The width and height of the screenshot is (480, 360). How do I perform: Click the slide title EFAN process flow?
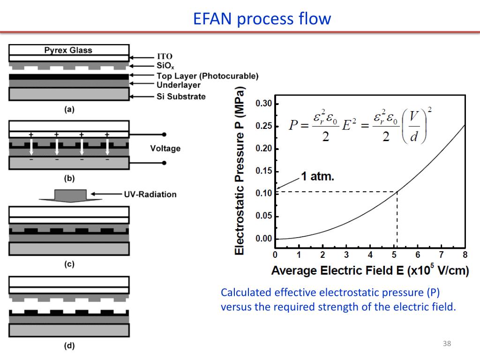point(262,19)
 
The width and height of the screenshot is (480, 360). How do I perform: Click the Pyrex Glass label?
point(68,50)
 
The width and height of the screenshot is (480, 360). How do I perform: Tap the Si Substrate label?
point(181,97)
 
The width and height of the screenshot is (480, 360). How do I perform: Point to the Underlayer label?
point(178,85)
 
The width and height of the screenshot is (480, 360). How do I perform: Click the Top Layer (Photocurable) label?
point(207,75)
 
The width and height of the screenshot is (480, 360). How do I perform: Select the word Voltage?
point(165,149)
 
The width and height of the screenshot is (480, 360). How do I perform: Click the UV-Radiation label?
point(150,194)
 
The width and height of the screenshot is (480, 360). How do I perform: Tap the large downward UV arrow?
point(70,195)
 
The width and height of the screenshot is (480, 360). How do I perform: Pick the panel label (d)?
point(69,346)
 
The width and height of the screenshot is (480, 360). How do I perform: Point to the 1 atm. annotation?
point(317,177)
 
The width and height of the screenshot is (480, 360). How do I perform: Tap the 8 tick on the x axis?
point(465,255)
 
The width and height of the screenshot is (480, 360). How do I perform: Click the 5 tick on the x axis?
point(394,255)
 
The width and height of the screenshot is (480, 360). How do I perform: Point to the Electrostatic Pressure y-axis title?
point(240,171)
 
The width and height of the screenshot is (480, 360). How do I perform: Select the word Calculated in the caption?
point(246,293)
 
